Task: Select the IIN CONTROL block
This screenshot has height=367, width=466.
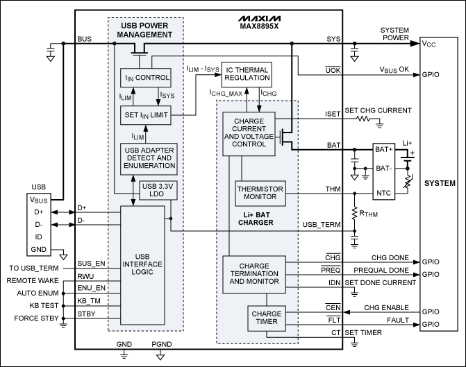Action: tap(146, 77)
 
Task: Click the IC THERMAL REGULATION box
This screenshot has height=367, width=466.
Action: tap(245, 72)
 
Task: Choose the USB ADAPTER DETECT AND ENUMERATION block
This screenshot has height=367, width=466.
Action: tap(149, 160)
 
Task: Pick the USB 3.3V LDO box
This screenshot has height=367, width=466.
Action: tap(158, 189)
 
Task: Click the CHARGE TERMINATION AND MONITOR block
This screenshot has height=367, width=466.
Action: tap(253, 270)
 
